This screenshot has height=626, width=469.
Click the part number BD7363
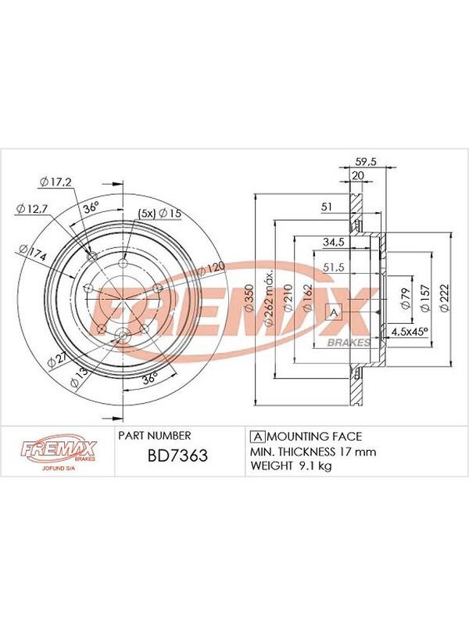177,455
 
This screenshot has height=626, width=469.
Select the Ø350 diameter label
249,298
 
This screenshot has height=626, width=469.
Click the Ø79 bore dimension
406,298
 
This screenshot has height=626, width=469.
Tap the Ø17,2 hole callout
55,182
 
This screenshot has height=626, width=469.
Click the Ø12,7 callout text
32,208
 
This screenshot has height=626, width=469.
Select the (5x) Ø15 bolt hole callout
159,213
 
